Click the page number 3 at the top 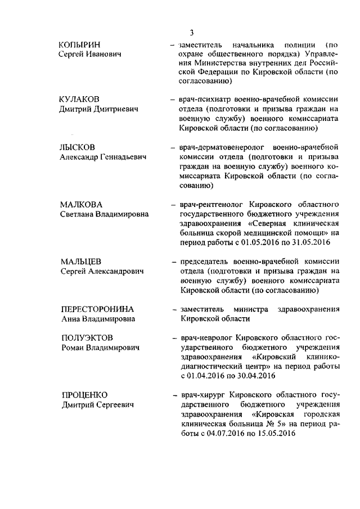[x=191, y=32]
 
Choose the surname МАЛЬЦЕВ [x=80, y=261]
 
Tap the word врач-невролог [x=204, y=338]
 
